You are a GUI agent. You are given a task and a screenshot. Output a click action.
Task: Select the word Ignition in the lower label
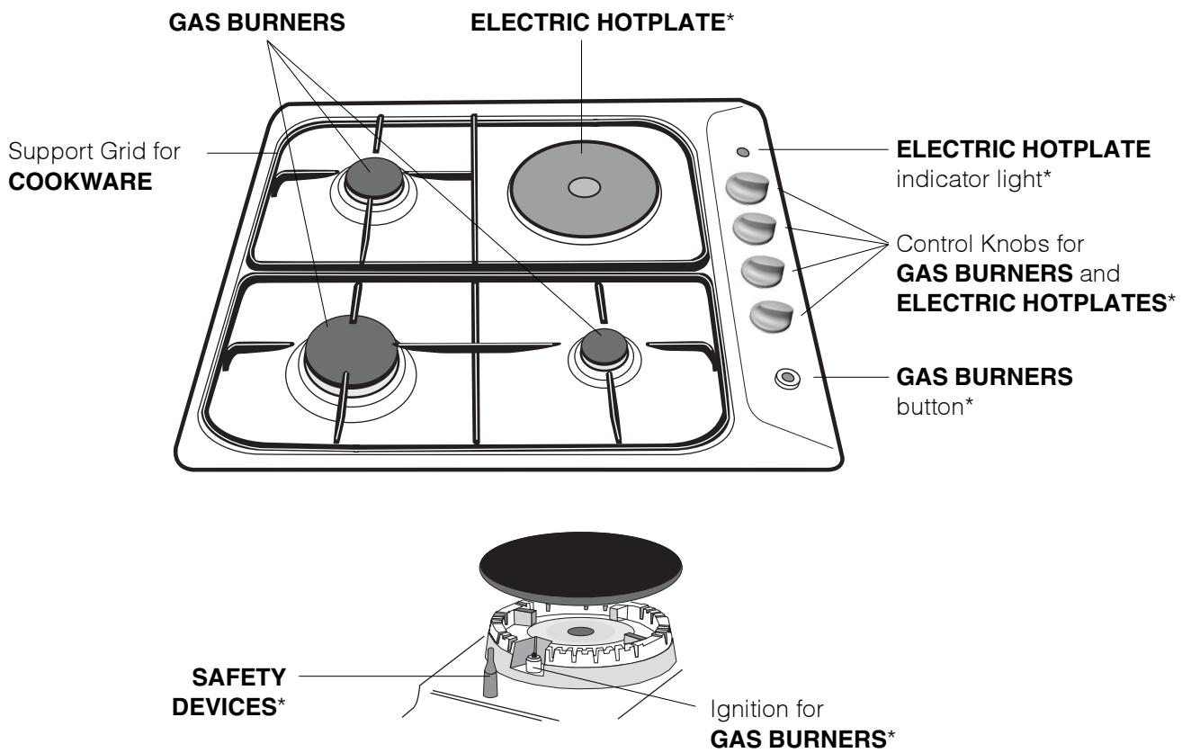(x=726, y=715)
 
